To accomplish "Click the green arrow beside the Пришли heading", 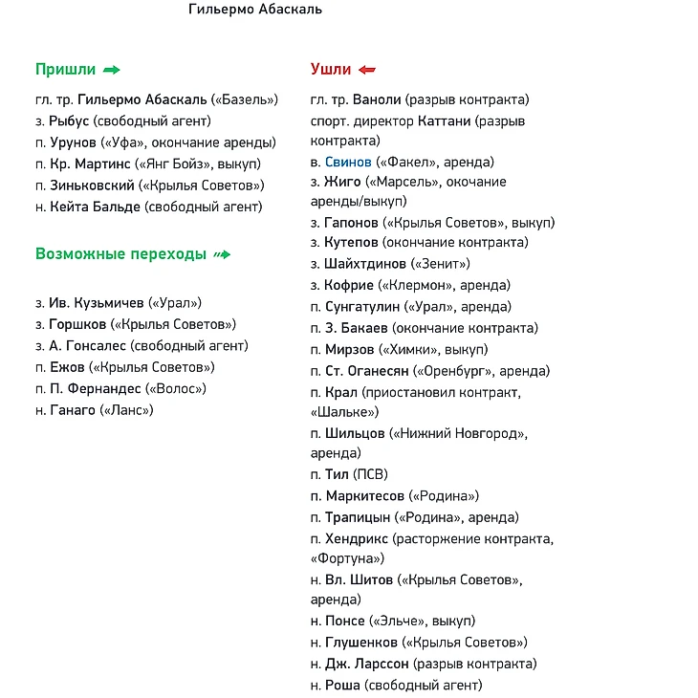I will pos(111,70).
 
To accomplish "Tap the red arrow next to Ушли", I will pos(366,70).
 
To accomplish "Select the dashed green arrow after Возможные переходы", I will pos(222,254).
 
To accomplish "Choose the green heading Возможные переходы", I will pos(120,254).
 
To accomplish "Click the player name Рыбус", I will pos(69,120).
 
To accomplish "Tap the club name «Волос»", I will pos(175,388).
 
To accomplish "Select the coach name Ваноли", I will pos(377,99).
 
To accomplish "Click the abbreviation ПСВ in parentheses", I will pos(370,474).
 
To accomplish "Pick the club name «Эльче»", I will pos(397,621).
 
